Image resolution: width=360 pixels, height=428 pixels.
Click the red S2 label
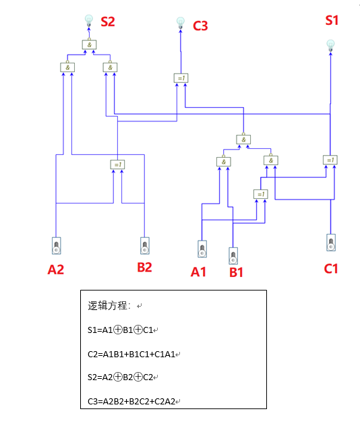pos(108,22)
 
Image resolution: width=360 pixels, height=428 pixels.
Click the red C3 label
pos(200,26)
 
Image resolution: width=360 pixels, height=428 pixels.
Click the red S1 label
pos(332,21)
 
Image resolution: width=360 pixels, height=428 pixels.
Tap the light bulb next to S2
pos(88,20)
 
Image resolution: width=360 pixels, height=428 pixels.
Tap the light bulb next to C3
pos(180,23)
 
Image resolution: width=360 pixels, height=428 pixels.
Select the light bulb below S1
pos(330,45)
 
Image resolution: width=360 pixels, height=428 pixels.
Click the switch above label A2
pos(57,245)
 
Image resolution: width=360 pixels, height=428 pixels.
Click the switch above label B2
pos(144,245)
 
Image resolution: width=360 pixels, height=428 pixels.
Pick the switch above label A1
pos(202,249)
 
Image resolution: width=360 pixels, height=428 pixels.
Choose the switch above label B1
pos(233,256)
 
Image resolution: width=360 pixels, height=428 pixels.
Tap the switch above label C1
pos(330,242)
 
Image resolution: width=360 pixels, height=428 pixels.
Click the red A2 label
pos(56,270)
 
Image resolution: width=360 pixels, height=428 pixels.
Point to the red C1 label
pos(330,268)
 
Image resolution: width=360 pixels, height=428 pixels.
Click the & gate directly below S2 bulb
pos(89,44)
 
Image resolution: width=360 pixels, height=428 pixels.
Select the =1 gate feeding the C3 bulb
pos(181,78)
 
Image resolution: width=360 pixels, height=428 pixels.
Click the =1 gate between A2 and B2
pos(117,164)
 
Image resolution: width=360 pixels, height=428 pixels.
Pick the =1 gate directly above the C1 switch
pos(330,160)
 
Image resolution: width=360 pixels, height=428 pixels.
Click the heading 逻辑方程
pos(107,305)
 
